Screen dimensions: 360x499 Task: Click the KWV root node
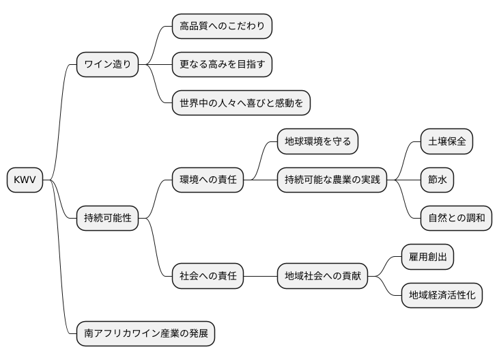[24, 180]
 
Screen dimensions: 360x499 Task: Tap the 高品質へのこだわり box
[221, 27]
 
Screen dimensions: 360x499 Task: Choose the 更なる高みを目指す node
[221, 65]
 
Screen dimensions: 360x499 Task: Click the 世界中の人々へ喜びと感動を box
[241, 103]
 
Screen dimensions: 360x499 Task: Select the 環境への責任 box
[207, 180]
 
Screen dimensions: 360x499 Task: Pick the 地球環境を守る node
[317, 142]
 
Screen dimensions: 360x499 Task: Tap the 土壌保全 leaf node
[446, 142]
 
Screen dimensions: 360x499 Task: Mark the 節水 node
[437, 180]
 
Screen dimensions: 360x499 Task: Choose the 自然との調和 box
[455, 219]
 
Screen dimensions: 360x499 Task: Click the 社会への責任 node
[207, 276]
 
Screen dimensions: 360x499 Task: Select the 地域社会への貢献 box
[322, 276]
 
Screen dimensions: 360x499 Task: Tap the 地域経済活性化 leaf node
[442, 295]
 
